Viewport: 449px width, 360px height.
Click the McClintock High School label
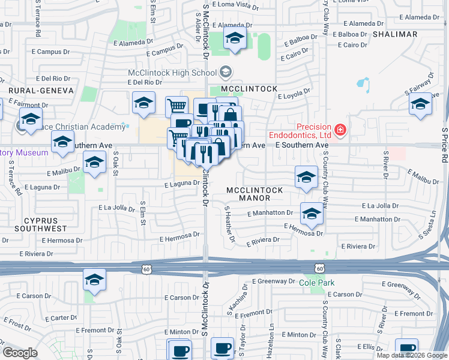(172, 73)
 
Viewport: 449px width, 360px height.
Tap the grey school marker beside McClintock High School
(226, 73)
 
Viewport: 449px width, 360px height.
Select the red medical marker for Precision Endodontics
(340, 129)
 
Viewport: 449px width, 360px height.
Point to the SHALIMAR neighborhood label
(394, 34)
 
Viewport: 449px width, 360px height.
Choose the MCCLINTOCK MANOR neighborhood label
(254, 194)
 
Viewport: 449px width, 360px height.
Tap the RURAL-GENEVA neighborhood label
(41, 90)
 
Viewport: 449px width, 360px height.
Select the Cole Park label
(317, 283)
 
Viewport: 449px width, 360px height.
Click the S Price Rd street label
(445, 144)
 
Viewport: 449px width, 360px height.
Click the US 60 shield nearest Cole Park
(321, 269)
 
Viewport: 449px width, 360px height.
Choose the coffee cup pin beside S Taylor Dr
(222, 347)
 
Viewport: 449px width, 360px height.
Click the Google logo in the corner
(20, 353)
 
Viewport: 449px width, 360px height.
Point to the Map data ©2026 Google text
(412, 355)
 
